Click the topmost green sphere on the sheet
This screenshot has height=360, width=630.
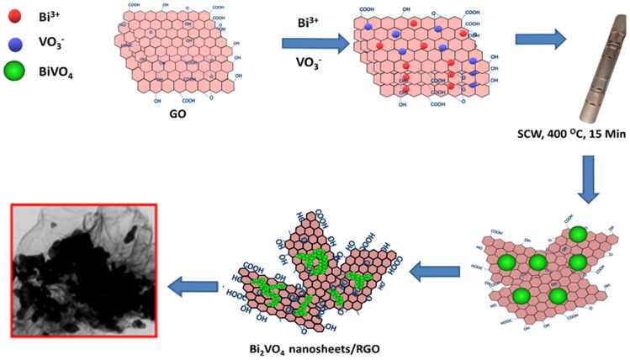578,234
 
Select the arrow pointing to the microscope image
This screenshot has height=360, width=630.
189,286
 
